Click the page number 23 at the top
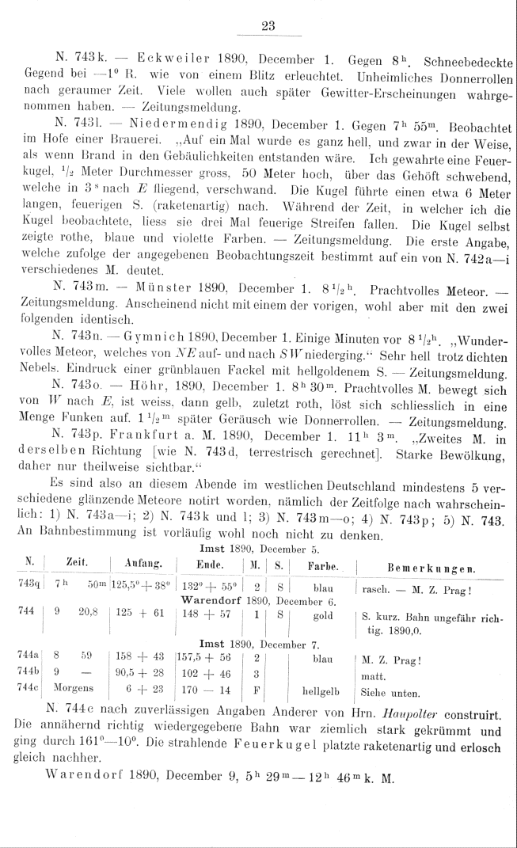coord(267,25)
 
